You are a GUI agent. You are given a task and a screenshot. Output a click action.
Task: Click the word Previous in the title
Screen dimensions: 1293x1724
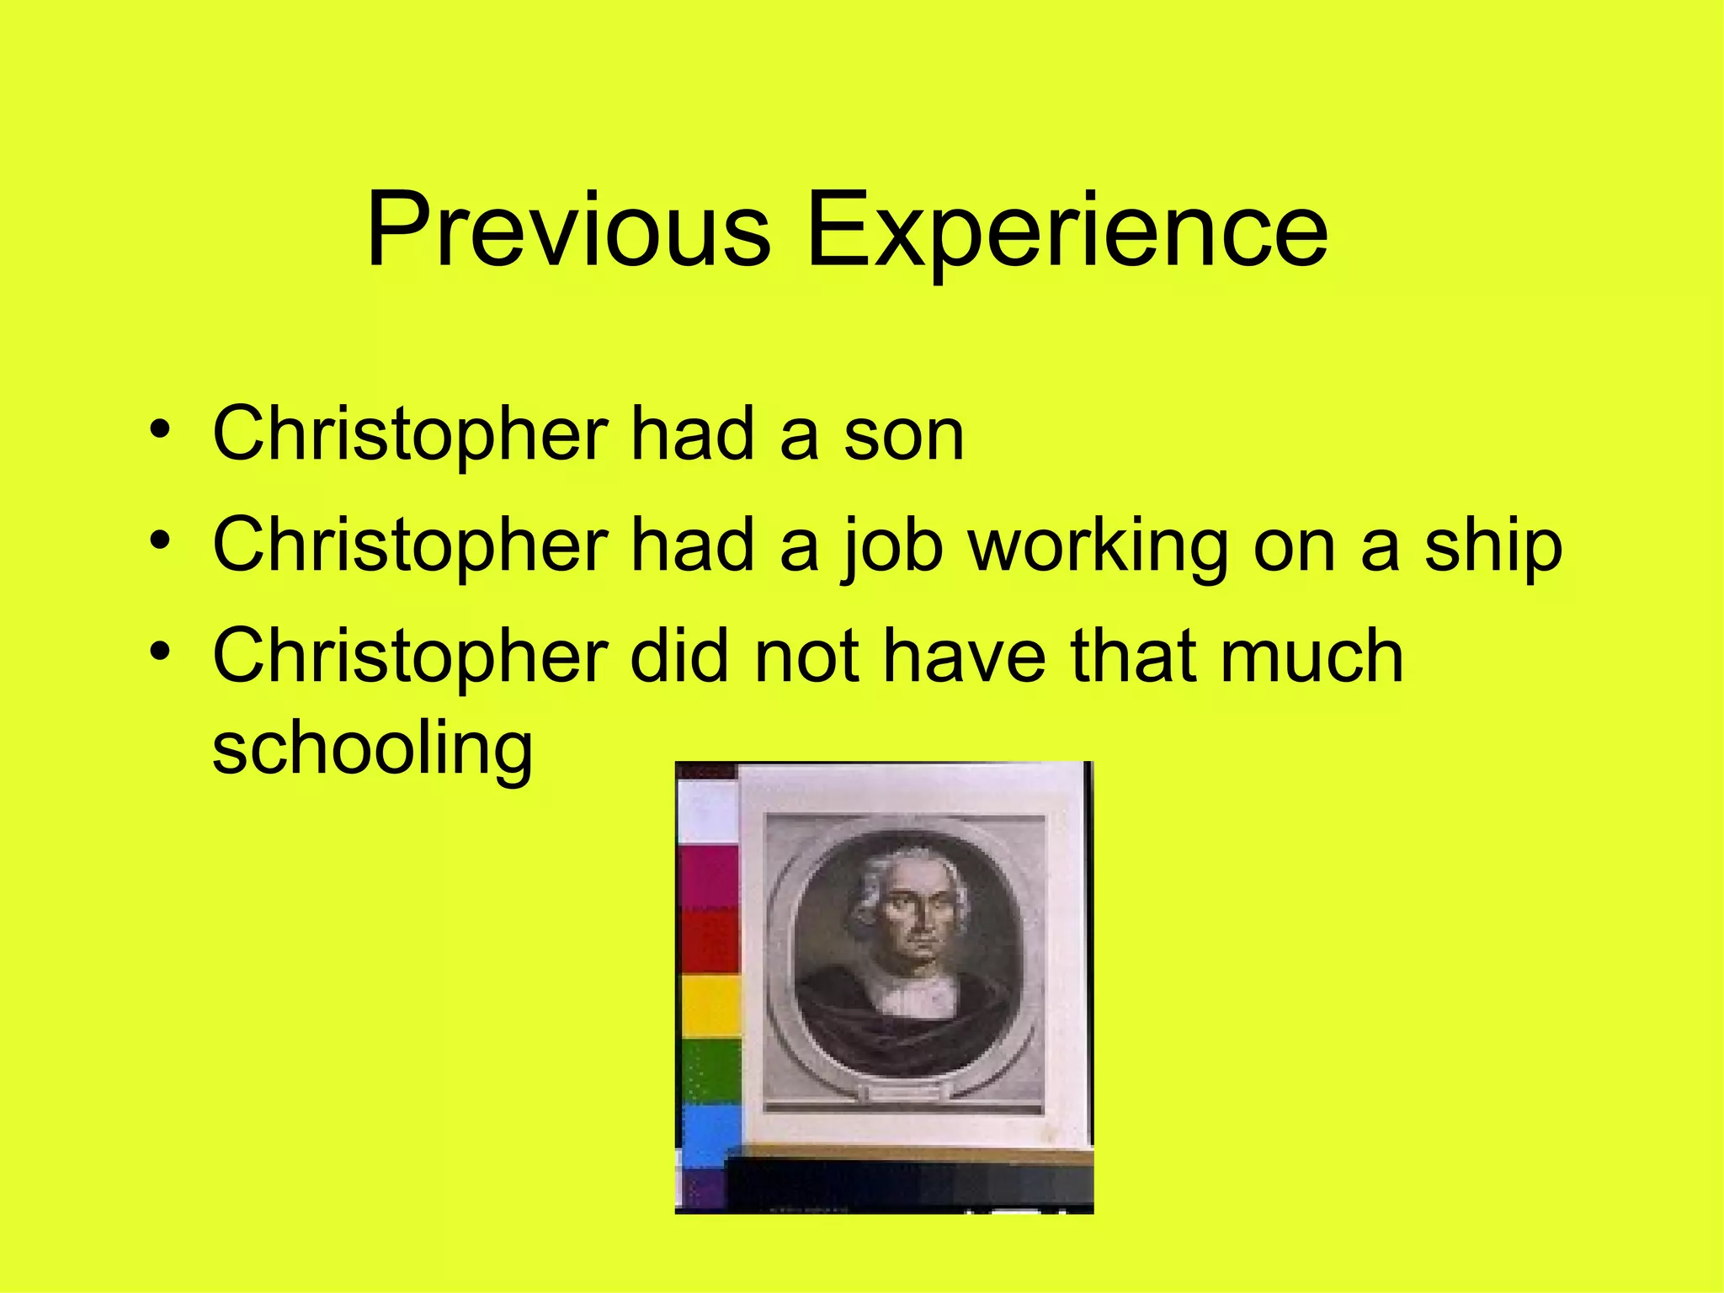point(568,230)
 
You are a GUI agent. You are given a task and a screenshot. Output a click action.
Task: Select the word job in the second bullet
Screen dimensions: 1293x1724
point(891,546)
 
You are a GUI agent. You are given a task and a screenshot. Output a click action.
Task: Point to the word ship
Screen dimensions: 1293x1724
point(1493,546)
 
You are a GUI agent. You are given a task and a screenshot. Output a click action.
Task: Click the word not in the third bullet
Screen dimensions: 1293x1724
point(806,656)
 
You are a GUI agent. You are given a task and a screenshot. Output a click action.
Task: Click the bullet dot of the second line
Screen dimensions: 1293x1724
point(160,540)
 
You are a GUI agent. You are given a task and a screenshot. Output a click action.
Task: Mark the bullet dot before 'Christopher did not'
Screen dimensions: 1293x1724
point(160,650)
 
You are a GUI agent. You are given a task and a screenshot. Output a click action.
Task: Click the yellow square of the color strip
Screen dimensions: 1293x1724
point(710,1006)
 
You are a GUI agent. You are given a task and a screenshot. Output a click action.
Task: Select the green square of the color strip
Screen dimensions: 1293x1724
point(710,1071)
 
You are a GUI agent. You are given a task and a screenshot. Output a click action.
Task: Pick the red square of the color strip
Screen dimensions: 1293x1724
point(710,941)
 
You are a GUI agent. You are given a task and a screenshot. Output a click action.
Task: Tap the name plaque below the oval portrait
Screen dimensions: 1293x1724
point(905,1092)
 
